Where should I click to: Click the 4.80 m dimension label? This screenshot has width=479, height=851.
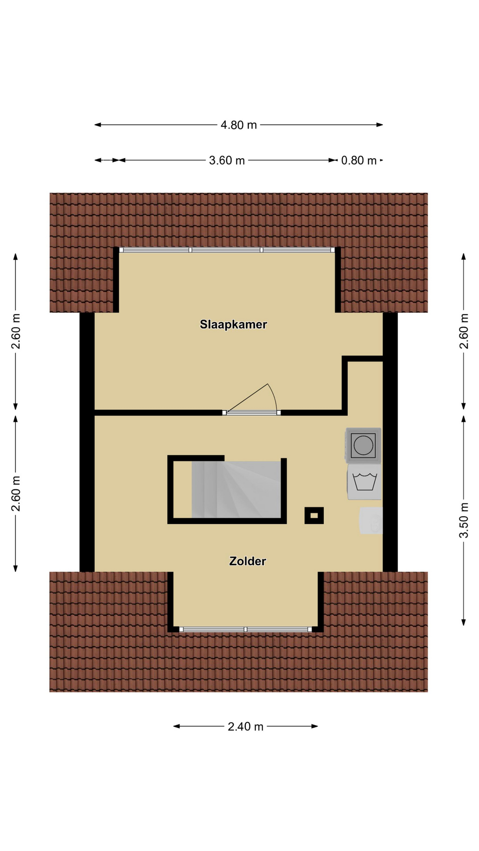tap(239, 125)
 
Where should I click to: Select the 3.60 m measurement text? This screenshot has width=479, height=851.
tap(227, 160)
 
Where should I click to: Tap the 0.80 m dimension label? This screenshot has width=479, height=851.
tap(358, 160)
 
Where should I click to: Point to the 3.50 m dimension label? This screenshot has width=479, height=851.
tap(463, 520)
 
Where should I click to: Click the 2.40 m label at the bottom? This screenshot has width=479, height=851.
tap(245, 726)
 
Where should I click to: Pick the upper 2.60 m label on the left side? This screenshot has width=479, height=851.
tap(16, 331)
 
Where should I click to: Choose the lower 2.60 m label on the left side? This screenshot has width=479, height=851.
tap(16, 493)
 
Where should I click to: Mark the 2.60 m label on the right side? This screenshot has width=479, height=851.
tap(463, 331)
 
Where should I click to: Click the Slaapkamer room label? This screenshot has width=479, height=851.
tap(233, 324)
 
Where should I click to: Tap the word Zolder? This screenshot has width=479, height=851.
tap(247, 561)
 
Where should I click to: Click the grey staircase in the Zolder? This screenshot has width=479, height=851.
tap(236, 489)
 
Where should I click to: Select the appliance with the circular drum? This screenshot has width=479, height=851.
tap(363, 445)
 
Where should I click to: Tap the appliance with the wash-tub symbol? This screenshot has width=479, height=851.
tap(365, 482)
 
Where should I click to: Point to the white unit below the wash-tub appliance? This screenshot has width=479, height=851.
tap(371, 520)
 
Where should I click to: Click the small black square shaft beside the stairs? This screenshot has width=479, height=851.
tap(314, 515)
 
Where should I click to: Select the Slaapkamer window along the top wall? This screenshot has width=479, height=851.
tap(227, 250)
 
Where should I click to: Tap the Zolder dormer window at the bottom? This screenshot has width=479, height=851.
tap(245, 629)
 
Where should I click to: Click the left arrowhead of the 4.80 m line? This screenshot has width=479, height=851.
tap(98, 125)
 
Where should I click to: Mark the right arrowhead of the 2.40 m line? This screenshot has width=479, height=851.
tap(315, 726)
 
